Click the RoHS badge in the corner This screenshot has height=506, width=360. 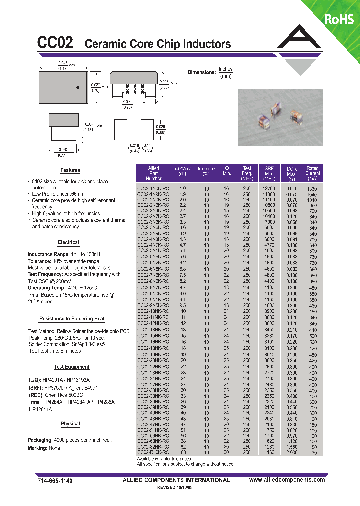click(339, 19)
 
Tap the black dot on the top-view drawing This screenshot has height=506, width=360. click(78, 88)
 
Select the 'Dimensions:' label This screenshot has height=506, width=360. click(202, 73)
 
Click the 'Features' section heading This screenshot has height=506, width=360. click(70, 170)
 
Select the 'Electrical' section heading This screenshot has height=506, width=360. click(68, 242)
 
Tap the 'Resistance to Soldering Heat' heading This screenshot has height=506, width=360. click(71, 318)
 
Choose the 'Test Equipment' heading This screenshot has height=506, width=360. click(71, 367)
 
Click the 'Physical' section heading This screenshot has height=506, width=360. click(70, 424)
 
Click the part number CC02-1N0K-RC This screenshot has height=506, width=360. click(153, 188)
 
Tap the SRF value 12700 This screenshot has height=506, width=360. click(269, 188)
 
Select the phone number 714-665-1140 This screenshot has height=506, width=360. click(55, 480)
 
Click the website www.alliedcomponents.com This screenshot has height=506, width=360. click(287, 480)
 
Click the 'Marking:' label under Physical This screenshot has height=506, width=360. click(37, 448)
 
